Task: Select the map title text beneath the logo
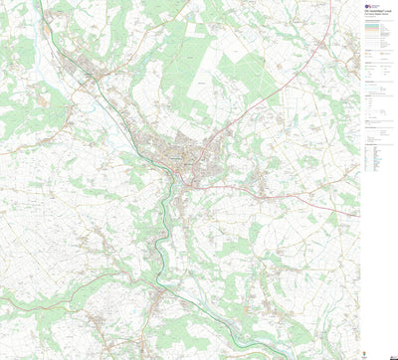[375, 18]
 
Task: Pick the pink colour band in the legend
[376, 37]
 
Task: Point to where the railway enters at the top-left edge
[40, 3]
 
